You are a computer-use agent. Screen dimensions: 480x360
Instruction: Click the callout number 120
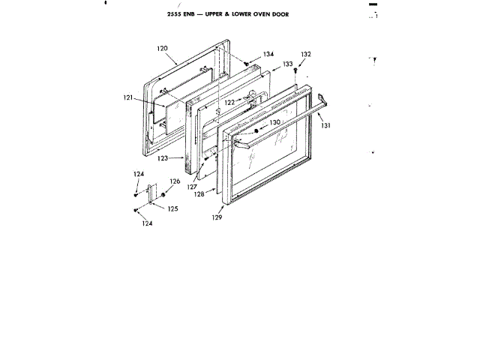click(x=162, y=48)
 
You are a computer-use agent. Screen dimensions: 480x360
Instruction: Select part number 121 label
click(x=127, y=97)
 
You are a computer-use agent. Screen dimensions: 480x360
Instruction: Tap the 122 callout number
click(x=229, y=102)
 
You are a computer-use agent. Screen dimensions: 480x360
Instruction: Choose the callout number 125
click(x=172, y=208)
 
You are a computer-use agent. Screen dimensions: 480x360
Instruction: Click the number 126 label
click(x=175, y=181)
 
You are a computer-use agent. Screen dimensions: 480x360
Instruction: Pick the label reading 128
click(x=199, y=194)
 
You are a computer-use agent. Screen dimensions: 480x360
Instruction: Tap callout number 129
click(x=217, y=217)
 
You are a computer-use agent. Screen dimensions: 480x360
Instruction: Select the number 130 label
click(x=275, y=122)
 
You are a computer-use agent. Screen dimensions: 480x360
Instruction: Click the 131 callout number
click(x=325, y=126)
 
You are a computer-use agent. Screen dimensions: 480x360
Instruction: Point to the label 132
click(x=305, y=55)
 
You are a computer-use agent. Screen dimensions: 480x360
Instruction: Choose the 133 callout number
click(x=287, y=65)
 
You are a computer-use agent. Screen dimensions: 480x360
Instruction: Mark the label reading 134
click(x=268, y=54)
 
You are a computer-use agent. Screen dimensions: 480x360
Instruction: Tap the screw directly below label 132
click(x=297, y=70)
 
